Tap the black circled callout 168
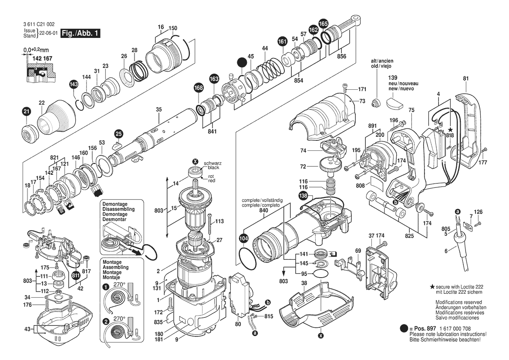pyautogui.click(x=199, y=88)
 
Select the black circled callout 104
pyautogui.click(x=243, y=238)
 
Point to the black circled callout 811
pyautogui.click(x=76, y=275)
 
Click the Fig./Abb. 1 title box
pyautogui.click(x=81, y=33)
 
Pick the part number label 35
pyautogui.click(x=158, y=109)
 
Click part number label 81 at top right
pyautogui.click(x=465, y=78)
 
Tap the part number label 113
pyautogui.click(x=219, y=221)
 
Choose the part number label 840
pyautogui.click(x=263, y=211)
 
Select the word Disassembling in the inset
pyautogui.click(x=118, y=209)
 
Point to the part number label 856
pyautogui.click(x=341, y=56)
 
